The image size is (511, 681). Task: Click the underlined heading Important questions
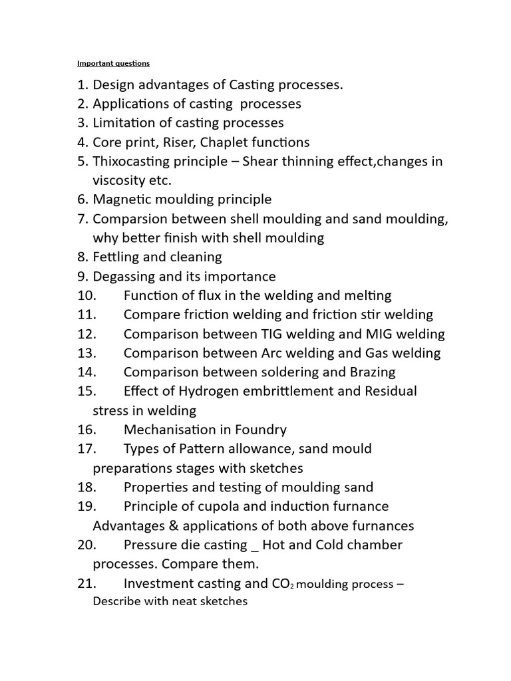tap(113, 64)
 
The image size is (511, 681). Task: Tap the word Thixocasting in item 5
tap(132, 162)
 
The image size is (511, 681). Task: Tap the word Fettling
tap(116, 257)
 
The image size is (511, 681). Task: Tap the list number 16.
tap(87, 430)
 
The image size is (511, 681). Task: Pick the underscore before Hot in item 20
tap(254, 547)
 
